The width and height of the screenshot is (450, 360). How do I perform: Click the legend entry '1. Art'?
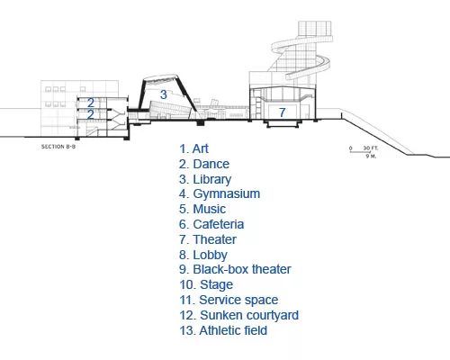193,148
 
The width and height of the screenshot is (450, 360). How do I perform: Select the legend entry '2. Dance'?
204,164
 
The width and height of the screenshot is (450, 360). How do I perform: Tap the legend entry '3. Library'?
205,180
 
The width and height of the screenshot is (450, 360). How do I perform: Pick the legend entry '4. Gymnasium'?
220,194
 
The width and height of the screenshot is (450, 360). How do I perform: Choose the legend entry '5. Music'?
202,209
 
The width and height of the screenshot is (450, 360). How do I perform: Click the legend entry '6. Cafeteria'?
211,224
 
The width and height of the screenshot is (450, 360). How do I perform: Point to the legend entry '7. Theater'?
208,239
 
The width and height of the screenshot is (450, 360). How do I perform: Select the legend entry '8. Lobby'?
203,256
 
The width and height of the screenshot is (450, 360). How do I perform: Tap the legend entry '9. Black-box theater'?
235,269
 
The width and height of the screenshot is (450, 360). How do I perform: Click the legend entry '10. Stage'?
206,285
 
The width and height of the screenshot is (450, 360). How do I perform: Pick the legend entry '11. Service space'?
229,300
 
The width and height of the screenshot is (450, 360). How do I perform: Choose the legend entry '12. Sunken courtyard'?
239,316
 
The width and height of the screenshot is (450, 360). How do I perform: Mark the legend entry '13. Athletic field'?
223,330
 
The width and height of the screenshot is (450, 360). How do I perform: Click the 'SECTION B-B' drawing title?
58,147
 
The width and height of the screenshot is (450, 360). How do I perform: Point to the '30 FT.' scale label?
371,148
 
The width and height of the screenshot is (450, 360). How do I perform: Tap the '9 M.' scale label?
371,157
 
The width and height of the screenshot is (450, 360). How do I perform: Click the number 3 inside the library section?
164,94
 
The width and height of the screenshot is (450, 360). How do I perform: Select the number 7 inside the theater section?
282,112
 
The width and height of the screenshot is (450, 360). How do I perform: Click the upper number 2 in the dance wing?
91,103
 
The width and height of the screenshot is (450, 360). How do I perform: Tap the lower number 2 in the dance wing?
91,114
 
